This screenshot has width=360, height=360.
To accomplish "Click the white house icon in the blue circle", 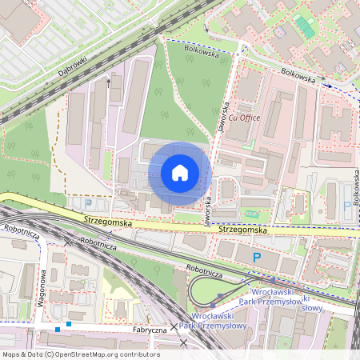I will tap(179, 173).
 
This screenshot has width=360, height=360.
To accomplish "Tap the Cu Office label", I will tap(245, 118).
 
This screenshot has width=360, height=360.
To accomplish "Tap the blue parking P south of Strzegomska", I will tap(256, 257).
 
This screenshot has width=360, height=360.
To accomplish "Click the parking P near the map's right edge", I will tap(346, 206).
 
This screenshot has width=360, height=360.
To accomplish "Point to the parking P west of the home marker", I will tap(78, 202).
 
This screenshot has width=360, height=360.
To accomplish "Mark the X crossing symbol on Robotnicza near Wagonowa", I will tap(68, 241).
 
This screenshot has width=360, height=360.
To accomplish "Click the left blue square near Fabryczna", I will tap(58, 329).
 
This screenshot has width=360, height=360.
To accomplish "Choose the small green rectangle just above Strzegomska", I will tap(254, 214).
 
